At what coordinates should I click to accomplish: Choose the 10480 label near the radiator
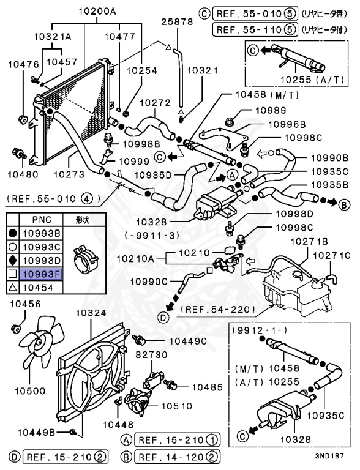(x=23, y=174)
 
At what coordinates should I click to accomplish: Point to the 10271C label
(x=331, y=255)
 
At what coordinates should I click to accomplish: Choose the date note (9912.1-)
(x=256, y=330)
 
